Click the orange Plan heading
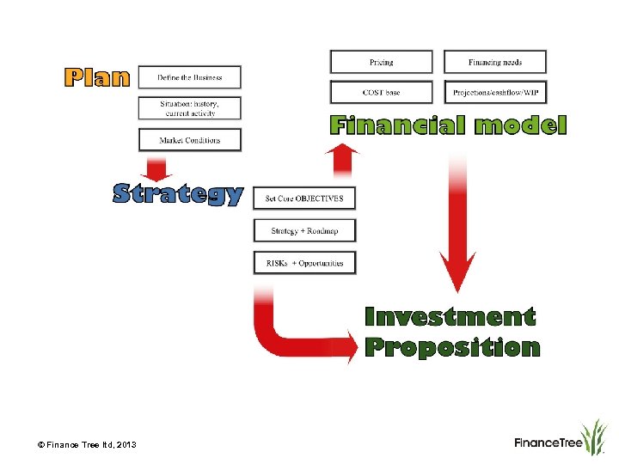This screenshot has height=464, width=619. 97,77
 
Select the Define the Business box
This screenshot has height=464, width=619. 190,77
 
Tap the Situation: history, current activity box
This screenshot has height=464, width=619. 190,108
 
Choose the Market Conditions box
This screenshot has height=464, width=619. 190,140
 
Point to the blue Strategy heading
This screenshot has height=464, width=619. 179,194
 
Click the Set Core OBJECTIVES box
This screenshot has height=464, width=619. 304,198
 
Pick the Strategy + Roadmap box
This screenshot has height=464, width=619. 304,230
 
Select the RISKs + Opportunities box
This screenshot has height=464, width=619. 304,263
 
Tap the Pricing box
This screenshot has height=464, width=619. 382,62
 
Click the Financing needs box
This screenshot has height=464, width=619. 495,62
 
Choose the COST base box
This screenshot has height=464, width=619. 382,92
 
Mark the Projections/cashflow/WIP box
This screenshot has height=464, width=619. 495,92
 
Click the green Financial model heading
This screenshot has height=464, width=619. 449,126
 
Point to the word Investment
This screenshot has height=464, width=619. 450,317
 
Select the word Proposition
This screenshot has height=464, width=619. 452,348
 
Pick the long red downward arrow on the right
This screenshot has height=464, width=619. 457,232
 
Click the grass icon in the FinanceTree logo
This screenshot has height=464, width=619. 594,436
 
